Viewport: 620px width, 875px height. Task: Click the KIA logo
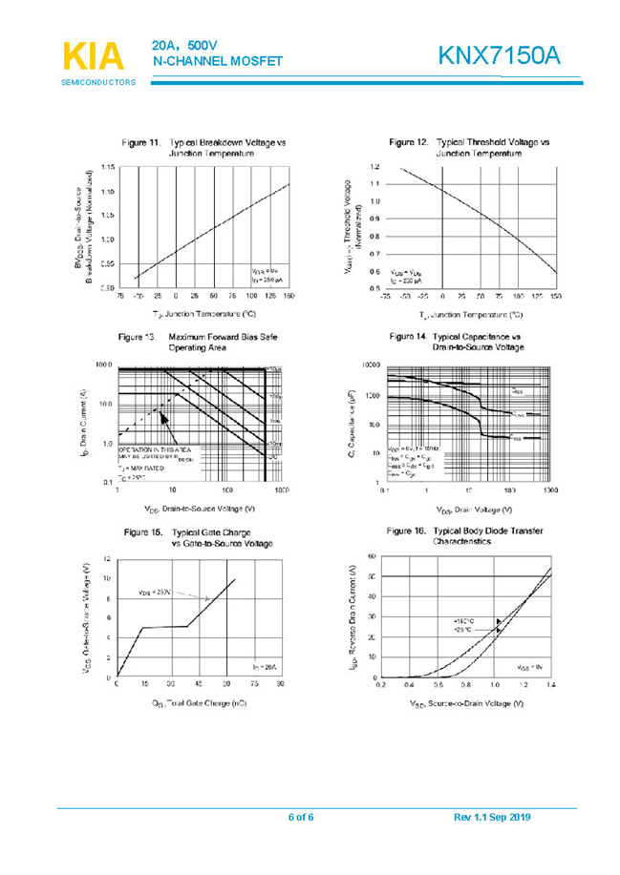(x=94, y=54)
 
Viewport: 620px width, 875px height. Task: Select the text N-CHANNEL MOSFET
(x=218, y=61)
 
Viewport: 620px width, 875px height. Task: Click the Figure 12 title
(x=470, y=147)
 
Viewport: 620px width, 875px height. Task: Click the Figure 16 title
(x=464, y=535)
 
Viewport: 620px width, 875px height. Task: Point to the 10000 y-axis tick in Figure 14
(x=371, y=365)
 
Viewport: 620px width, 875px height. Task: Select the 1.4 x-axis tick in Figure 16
(x=550, y=684)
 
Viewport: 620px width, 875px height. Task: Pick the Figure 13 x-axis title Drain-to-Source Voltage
(x=199, y=509)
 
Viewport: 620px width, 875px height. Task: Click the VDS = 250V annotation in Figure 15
(x=155, y=592)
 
